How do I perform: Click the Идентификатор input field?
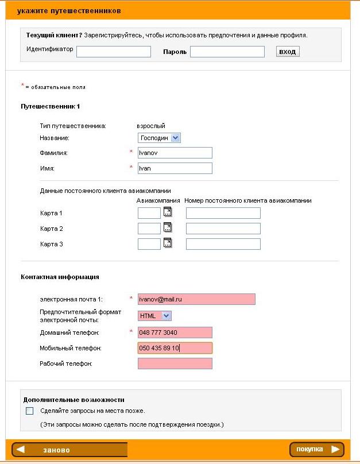tap(113, 52)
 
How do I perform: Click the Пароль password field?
tap(227, 52)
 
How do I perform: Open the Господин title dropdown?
tap(160, 138)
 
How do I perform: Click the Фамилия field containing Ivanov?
tap(175, 153)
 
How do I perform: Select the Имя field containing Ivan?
tap(175, 168)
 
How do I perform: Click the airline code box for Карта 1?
tap(149, 214)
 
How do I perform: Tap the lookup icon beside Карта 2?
tap(168, 227)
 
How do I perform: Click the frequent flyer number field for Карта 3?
tap(223, 244)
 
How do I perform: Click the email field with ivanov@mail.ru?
tap(196, 299)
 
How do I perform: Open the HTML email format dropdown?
tap(155, 316)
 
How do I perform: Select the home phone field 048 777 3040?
tap(175, 332)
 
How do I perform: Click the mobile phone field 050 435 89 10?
tap(175, 348)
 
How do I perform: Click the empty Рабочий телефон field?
tap(175, 364)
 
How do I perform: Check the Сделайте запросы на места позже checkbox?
tap(30, 411)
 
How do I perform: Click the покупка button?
tap(317, 449)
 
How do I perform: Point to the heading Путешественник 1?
tap(51, 107)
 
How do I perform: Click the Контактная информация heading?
tap(60, 277)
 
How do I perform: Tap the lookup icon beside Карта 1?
tap(168, 212)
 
